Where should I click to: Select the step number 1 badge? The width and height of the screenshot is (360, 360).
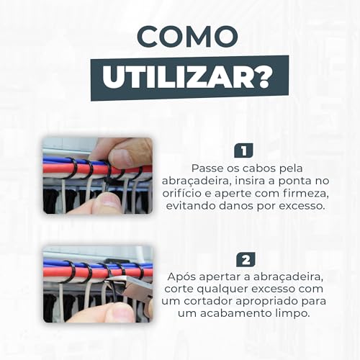coord(244,150)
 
